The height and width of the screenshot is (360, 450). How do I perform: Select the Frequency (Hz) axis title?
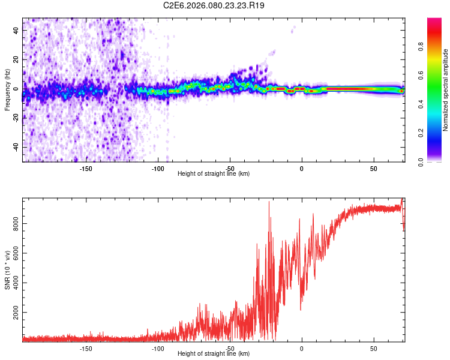(7, 91)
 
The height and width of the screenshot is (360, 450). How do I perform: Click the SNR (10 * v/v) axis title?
(7, 271)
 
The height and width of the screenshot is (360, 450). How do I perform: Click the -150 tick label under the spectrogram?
(86, 169)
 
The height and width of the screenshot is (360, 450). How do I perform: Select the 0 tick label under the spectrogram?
(301, 169)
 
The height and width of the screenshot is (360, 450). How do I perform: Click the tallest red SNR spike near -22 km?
(269, 203)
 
